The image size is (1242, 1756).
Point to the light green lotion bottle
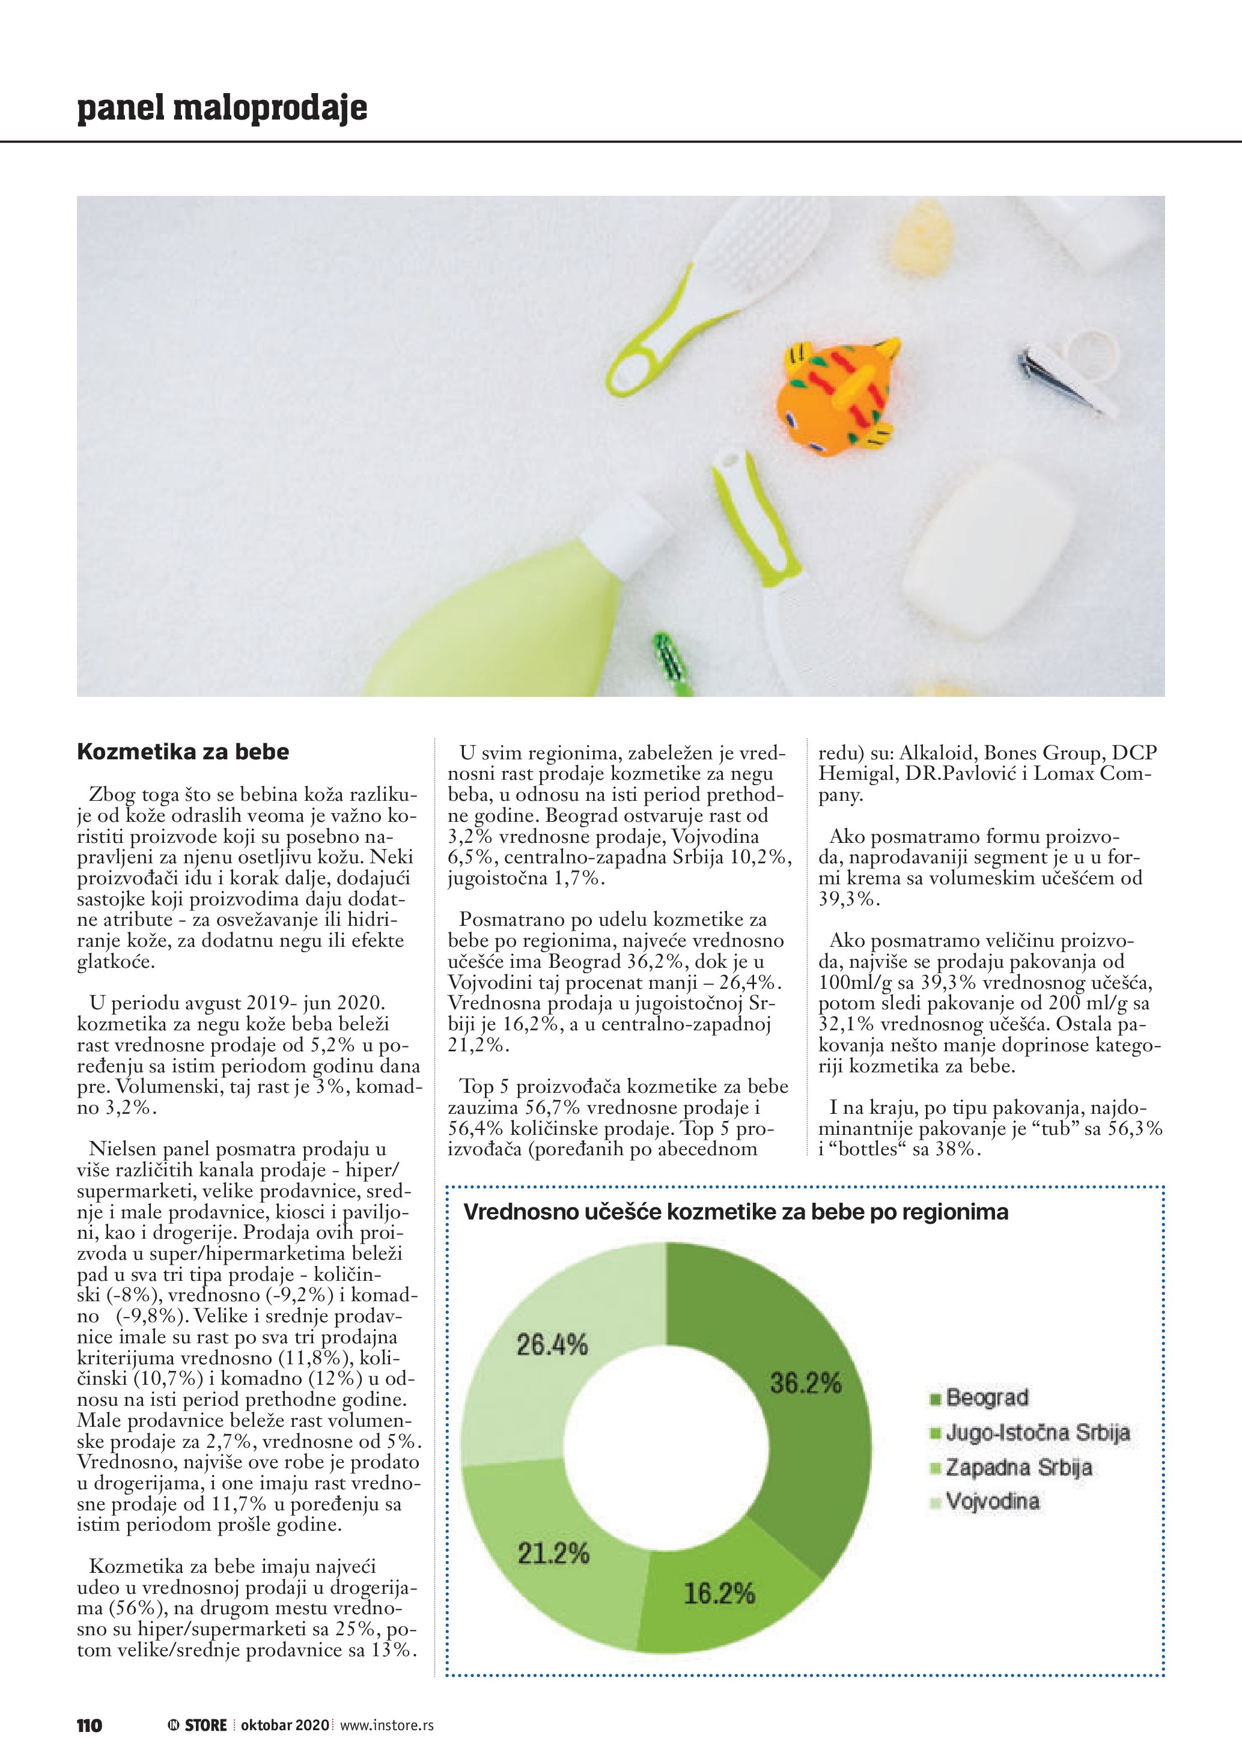point(505,619)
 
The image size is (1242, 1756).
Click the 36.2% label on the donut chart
point(805,1383)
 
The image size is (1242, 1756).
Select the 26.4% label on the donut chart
point(552,1344)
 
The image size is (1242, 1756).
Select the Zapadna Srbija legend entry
point(1018,1467)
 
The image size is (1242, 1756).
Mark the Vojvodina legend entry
point(992,1501)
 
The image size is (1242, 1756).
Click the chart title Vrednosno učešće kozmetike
point(735,1212)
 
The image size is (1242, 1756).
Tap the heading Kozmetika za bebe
point(183,752)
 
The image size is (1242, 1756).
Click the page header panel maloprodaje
point(222,108)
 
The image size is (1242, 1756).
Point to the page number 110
point(89,1725)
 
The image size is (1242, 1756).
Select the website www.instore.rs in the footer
point(386,1725)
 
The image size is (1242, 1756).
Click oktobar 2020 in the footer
point(284,1725)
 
